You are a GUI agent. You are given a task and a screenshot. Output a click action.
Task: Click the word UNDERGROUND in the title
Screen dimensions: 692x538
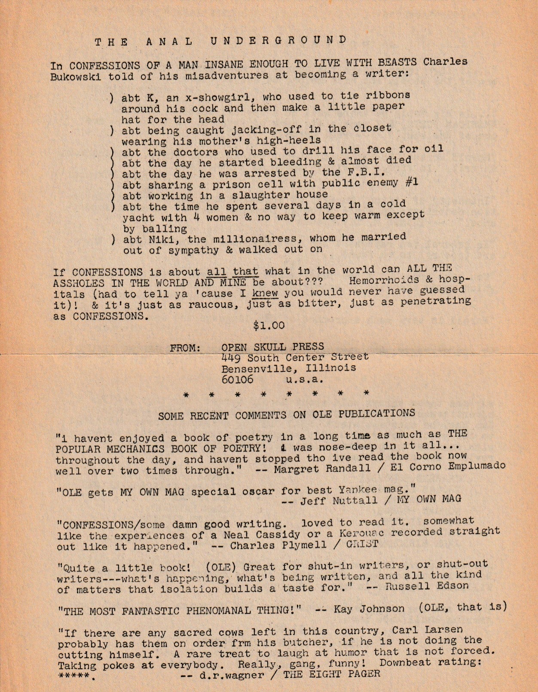click(278, 40)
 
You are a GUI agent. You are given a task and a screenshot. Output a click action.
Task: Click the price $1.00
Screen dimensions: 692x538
click(269, 326)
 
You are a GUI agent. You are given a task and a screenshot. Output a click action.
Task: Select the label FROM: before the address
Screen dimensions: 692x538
click(186, 348)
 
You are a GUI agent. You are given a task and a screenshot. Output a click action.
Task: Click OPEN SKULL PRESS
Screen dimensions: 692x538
click(272, 346)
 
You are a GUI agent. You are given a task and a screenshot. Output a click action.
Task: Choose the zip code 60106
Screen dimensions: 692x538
click(237, 380)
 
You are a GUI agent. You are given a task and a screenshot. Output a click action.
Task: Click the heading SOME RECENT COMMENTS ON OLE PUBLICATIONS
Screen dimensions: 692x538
click(287, 415)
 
